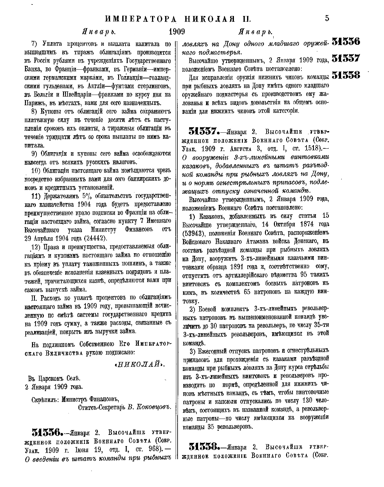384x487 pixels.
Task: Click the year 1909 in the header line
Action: coord(177,32)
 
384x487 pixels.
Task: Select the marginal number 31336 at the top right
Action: coord(346,42)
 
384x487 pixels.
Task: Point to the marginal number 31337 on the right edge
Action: coord(346,59)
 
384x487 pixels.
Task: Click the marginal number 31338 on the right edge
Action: coord(346,75)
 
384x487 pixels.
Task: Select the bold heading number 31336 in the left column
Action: coord(47,433)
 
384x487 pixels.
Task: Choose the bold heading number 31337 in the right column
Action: coord(204,131)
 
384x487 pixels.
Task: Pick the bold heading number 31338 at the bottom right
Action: coord(204,446)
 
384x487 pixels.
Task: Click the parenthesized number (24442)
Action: coord(95,238)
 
